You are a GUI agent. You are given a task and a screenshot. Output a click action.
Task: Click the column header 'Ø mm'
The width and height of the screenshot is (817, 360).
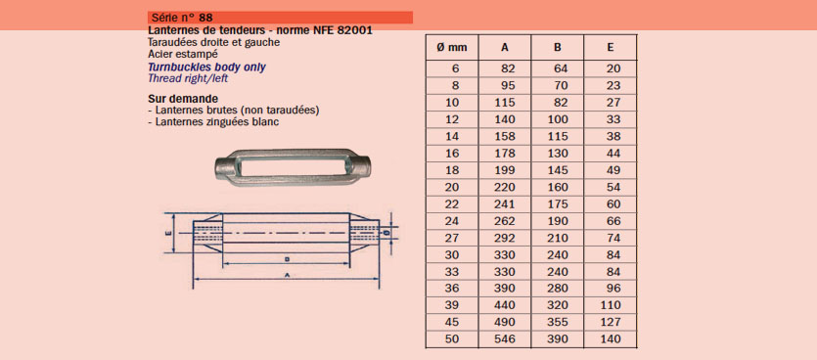tap(451, 47)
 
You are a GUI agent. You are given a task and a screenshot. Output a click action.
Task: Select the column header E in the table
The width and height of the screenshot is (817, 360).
tap(611, 47)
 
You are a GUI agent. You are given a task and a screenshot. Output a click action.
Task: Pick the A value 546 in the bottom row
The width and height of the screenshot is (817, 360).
tap(505, 339)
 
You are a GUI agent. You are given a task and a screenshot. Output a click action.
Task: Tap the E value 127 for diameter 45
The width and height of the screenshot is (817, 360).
tap(611, 322)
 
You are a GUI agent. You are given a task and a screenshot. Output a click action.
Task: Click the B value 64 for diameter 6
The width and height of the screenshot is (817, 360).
tap(561, 68)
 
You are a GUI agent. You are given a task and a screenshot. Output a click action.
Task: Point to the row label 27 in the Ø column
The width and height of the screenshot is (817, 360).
tap(452, 238)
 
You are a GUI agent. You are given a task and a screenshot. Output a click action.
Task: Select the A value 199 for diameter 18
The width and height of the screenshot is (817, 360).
tap(505, 170)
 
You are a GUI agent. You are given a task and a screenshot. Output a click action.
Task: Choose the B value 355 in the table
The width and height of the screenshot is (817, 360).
tap(558, 322)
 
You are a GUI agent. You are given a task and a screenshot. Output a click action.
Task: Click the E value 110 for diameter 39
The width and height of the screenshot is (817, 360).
tap(611, 305)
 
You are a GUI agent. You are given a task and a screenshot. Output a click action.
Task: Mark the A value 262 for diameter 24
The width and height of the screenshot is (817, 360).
tap(505, 220)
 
